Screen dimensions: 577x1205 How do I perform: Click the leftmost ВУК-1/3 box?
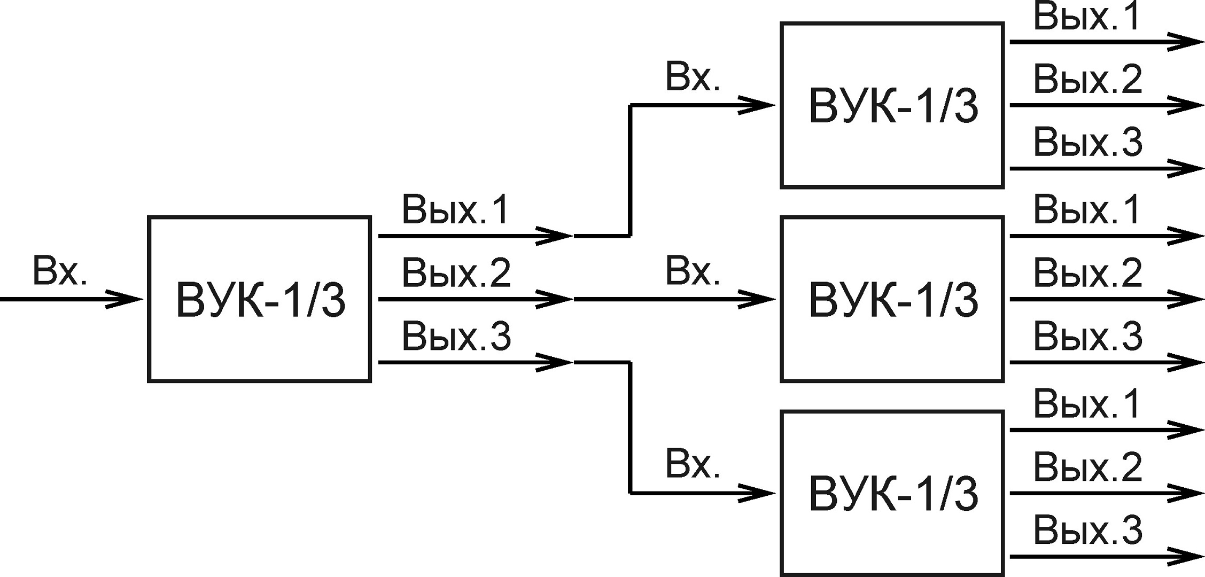pyautogui.click(x=260, y=299)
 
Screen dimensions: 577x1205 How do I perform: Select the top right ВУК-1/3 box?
pyautogui.click(x=892, y=105)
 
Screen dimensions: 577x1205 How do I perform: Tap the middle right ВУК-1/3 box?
pyautogui.click(x=892, y=299)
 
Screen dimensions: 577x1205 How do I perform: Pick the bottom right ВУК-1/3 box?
pyautogui.click(x=892, y=493)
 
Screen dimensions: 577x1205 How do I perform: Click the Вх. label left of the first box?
pyautogui.click(x=59, y=271)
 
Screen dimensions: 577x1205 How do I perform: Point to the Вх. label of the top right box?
pyautogui.click(x=693, y=77)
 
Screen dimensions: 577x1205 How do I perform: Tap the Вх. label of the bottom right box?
pyautogui.click(x=693, y=465)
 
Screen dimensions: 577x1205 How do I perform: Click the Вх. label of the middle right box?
pyautogui.click(x=693, y=271)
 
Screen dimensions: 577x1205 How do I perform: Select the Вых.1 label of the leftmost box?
pyautogui.click(x=456, y=209)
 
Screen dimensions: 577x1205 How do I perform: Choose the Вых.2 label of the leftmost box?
pyautogui.click(x=456, y=273)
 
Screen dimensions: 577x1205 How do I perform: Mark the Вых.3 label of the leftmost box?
pyautogui.click(x=456, y=337)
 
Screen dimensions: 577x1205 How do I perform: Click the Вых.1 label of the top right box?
pyautogui.click(x=1087, y=17)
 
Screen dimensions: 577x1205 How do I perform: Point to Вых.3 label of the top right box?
pyautogui.click(x=1087, y=143)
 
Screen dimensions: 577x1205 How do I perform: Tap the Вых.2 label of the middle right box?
pyautogui.click(x=1087, y=273)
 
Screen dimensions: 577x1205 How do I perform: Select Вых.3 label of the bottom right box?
pyautogui.click(x=1087, y=531)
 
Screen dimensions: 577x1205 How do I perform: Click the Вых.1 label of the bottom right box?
pyautogui.click(x=1087, y=404)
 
